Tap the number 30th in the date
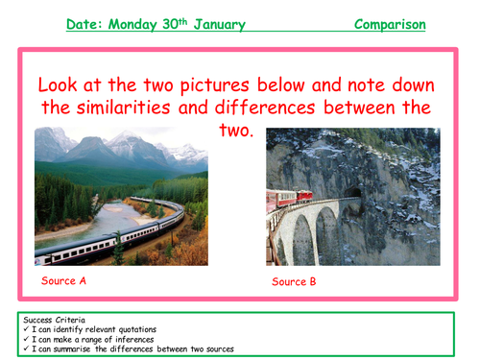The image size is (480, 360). (x=178, y=21)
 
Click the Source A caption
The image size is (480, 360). (x=64, y=281)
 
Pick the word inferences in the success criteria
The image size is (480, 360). (x=130, y=339)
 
